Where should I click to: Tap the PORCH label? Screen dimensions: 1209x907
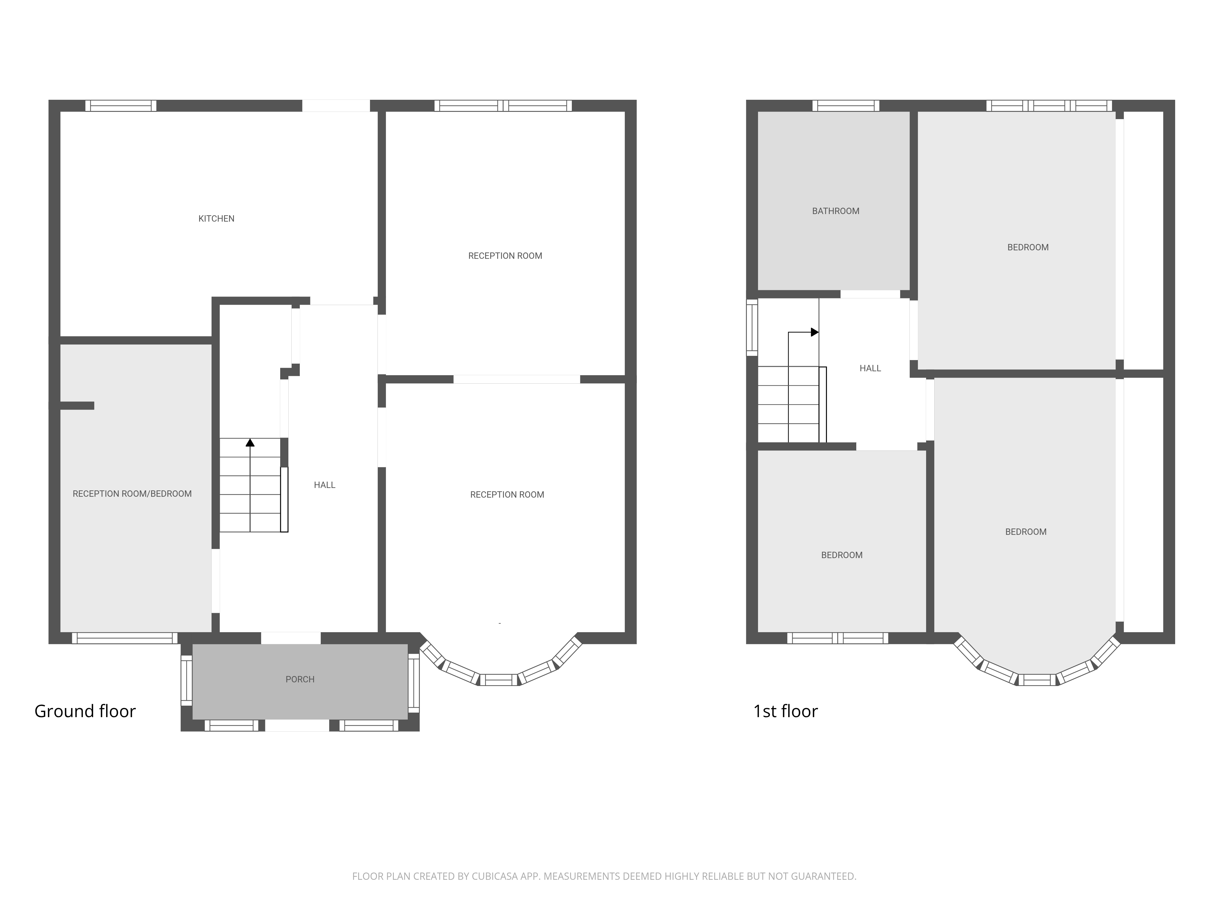[x=300, y=680]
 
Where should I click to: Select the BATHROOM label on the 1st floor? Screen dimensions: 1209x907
[x=836, y=211]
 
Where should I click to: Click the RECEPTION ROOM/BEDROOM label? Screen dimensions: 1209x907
[x=132, y=494]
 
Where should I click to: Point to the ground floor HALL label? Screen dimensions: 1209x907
[x=325, y=485]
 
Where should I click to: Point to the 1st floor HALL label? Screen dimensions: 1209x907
[x=870, y=369]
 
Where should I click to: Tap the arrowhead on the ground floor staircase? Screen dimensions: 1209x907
[x=250, y=442]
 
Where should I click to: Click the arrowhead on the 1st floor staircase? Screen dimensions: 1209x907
[x=814, y=332]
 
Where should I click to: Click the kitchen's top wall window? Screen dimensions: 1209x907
[x=121, y=106]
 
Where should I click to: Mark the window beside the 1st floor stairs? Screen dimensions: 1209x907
[x=752, y=327]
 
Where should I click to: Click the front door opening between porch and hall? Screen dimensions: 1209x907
[x=291, y=638]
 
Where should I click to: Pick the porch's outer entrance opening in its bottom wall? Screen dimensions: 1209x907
[x=297, y=726]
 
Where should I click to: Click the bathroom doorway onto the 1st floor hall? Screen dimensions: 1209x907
[x=870, y=294]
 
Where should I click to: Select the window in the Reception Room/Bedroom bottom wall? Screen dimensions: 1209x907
[x=125, y=638]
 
